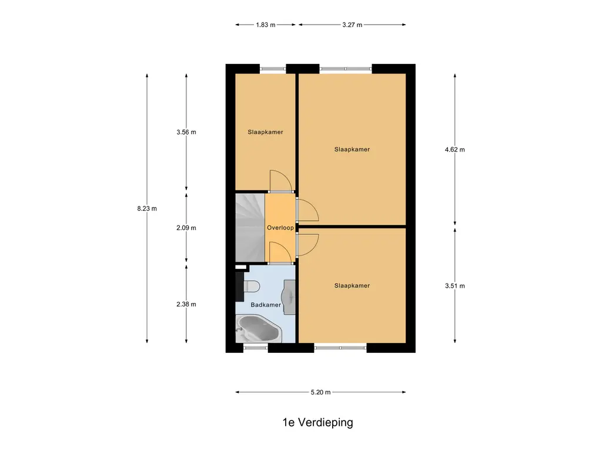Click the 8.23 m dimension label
[x=146, y=208]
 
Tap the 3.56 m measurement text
[x=186, y=132]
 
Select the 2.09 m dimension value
[x=186, y=228]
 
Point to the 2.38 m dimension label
[x=186, y=304]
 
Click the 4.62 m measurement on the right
[x=455, y=150]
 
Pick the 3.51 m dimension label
[x=455, y=286]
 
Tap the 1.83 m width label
[x=265, y=25]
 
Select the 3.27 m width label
[x=352, y=25]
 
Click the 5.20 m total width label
[x=320, y=392]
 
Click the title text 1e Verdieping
[x=317, y=422]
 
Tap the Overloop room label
[x=279, y=227]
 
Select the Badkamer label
[x=265, y=305]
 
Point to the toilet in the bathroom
[x=252, y=287]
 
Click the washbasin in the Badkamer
[x=289, y=294]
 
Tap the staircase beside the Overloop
[x=249, y=228]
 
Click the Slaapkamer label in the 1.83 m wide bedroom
[x=265, y=132]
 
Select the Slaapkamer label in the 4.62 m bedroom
[x=352, y=149]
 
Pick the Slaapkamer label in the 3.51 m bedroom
[x=352, y=285]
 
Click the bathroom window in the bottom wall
[x=255, y=348]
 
